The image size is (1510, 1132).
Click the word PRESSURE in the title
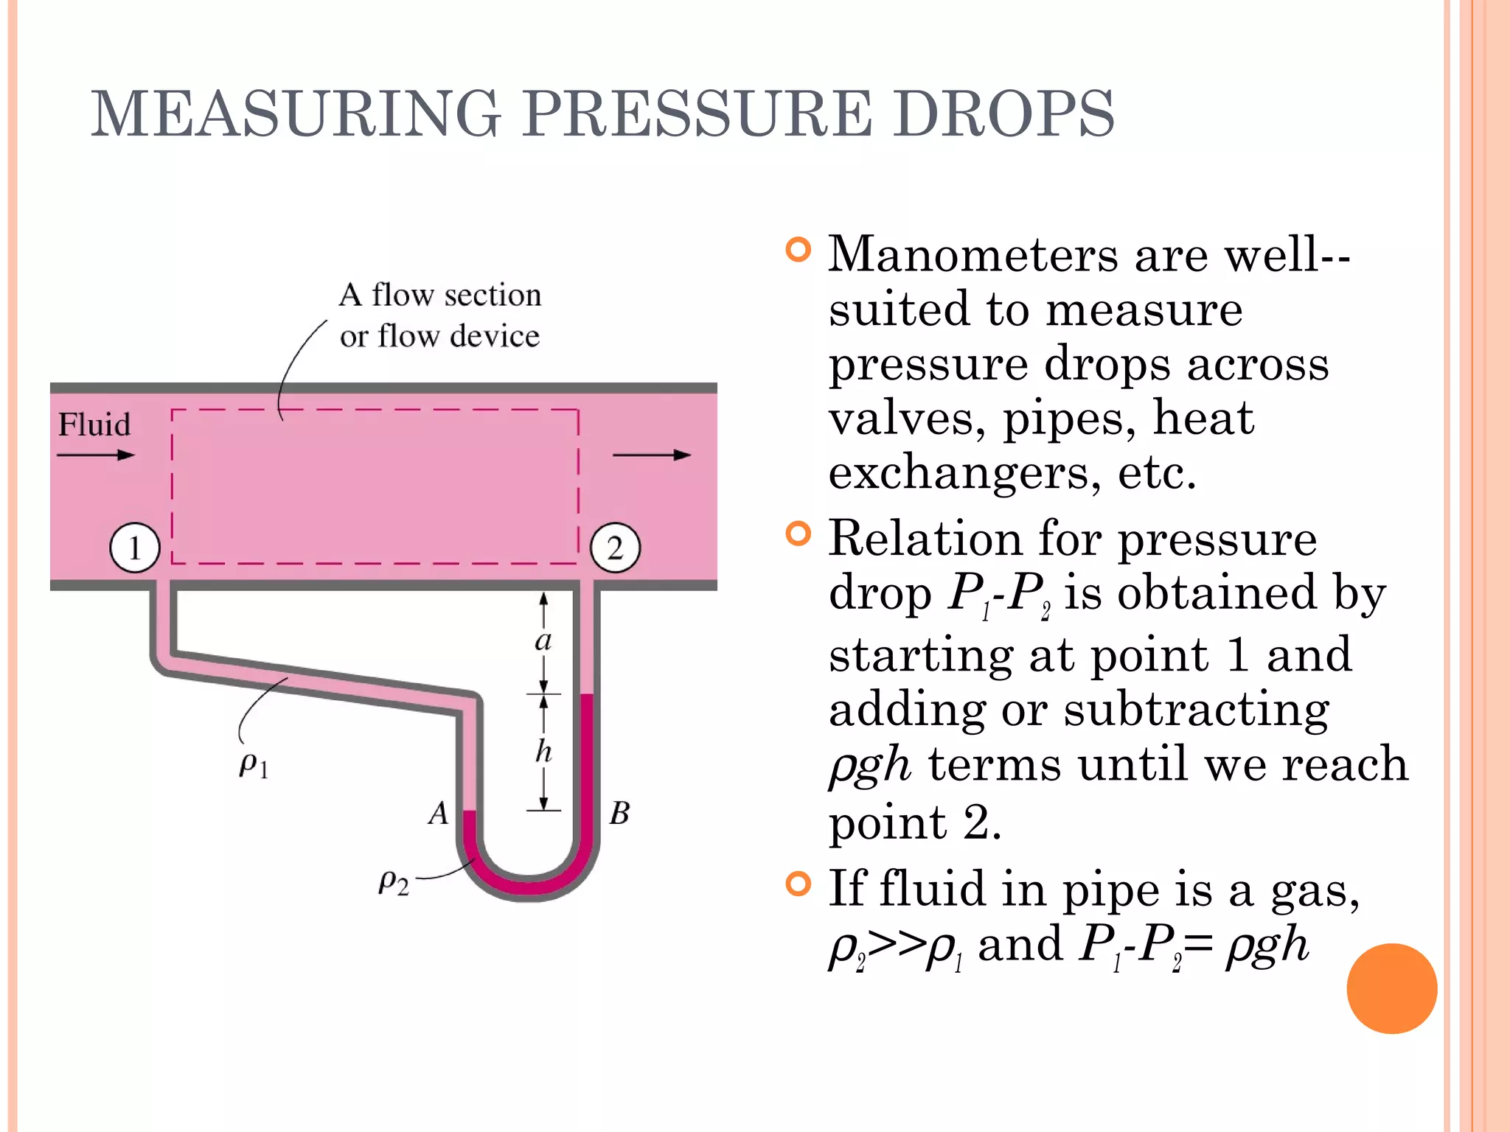tap(697, 114)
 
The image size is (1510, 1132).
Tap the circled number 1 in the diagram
tap(135, 548)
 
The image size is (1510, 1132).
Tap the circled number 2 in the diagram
tap(616, 548)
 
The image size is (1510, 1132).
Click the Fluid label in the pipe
tap(94, 425)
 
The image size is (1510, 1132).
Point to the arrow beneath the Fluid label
tap(96, 455)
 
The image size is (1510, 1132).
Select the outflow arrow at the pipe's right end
tap(652, 455)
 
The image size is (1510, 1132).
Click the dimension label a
tap(543, 640)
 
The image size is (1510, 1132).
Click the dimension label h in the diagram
tap(543, 752)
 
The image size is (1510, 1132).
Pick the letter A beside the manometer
tap(439, 814)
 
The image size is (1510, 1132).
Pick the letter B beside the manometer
tap(619, 814)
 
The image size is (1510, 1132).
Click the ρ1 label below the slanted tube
tap(254, 765)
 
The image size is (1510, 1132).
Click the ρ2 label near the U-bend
tap(393, 881)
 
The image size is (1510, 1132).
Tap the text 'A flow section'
tap(440, 295)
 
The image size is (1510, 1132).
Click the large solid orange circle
tap(1391, 988)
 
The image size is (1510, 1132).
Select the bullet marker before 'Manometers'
tap(798, 250)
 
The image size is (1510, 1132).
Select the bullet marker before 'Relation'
tap(798, 534)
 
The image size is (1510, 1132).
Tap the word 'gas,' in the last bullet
tap(1315, 890)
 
